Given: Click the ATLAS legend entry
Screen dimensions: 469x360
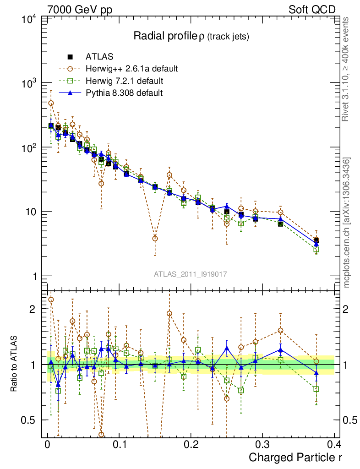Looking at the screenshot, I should pyautogui.click(x=99, y=57).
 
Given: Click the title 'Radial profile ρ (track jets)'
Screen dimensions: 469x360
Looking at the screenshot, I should pyautogui.click(x=191, y=37).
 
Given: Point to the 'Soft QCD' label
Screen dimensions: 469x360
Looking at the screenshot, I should pyautogui.click(x=312, y=10).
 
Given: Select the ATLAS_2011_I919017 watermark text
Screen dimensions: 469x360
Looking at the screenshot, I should pyautogui.click(x=191, y=274).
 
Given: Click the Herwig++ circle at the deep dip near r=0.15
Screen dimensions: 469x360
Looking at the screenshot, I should pyautogui.click(x=155, y=239).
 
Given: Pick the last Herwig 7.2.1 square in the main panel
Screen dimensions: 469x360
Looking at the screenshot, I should pyautogui.click(x=316, y=250).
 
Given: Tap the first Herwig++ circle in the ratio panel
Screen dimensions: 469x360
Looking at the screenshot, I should pyautogui.click(x=51, y=300).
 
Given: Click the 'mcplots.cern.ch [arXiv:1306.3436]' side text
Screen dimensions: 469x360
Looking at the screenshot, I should pyautogui.click(x=347, y=223).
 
